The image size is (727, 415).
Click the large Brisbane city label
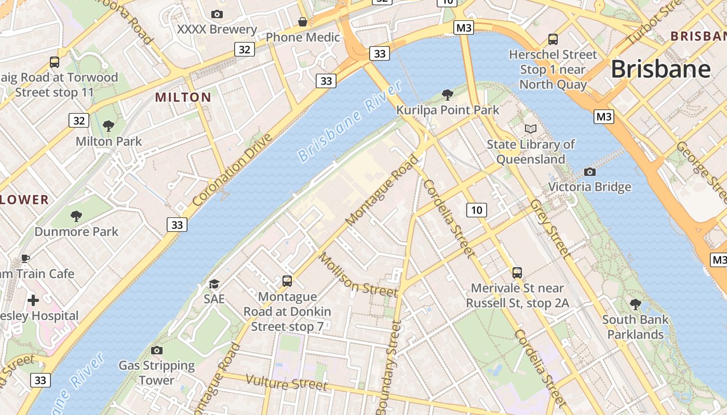click(x=661, y=69)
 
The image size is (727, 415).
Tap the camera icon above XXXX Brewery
click(x=217, y=14)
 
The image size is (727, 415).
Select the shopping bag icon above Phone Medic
click(x=302, y=22)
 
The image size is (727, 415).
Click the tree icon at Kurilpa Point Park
click(x=447, y=94)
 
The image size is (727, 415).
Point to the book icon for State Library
click(x=530, y=129)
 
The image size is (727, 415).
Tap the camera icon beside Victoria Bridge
click(x=589, y=172)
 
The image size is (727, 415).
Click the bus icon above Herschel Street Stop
click(x=553, y=39)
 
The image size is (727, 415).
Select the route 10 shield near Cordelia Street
click(x=477, y=210)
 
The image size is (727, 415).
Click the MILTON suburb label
click(x=183, y=97)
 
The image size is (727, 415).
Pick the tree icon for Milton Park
click(x=109, y=126)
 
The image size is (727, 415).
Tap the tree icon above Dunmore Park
click(x=76, y=216)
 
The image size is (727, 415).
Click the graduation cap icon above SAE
click(x=214, y=284)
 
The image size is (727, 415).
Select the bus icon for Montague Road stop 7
click(x=287, y=281)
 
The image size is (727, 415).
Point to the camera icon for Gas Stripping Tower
click(x=156, y=350)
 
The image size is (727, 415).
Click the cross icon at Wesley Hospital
click(x=33, y=300)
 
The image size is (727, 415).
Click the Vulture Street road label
click(x=286, y=382)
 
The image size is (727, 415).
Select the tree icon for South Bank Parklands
click(x=635, y=304)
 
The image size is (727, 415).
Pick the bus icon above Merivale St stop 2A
click(x=517, y=272)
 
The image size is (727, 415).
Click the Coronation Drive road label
click(x=232, y=170)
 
